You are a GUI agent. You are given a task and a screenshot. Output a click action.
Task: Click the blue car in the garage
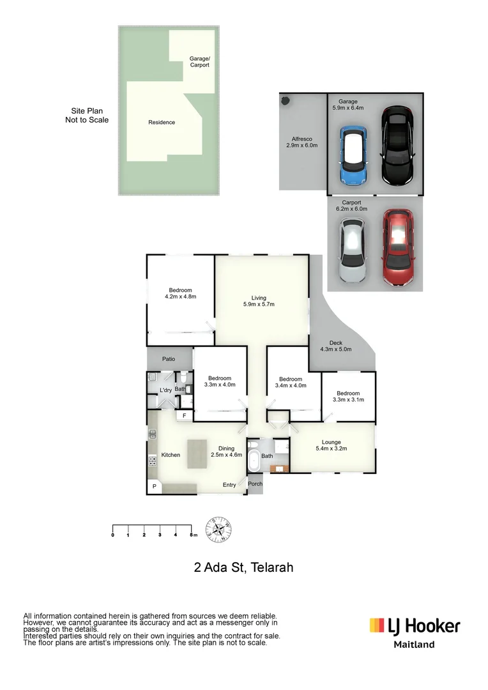352,155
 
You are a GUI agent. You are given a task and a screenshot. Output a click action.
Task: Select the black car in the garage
397,146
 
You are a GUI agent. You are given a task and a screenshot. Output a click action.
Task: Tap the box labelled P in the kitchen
154,487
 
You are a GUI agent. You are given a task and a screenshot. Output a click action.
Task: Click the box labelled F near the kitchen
185,415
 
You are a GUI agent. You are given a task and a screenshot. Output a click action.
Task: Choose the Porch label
255,484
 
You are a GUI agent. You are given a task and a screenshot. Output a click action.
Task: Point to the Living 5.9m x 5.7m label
258,300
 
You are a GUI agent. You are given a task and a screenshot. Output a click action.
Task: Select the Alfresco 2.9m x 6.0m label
301,142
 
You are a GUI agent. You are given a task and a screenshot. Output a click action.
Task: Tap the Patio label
168,359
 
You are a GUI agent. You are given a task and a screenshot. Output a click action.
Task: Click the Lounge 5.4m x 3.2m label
331,446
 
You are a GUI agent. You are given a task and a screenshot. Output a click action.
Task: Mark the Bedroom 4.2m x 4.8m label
180,293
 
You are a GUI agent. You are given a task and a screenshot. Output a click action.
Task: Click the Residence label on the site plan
162,122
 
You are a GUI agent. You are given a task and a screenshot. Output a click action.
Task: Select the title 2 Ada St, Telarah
243,567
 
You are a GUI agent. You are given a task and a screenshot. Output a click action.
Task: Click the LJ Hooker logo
415,625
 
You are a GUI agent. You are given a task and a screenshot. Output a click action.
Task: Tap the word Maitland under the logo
413,645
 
